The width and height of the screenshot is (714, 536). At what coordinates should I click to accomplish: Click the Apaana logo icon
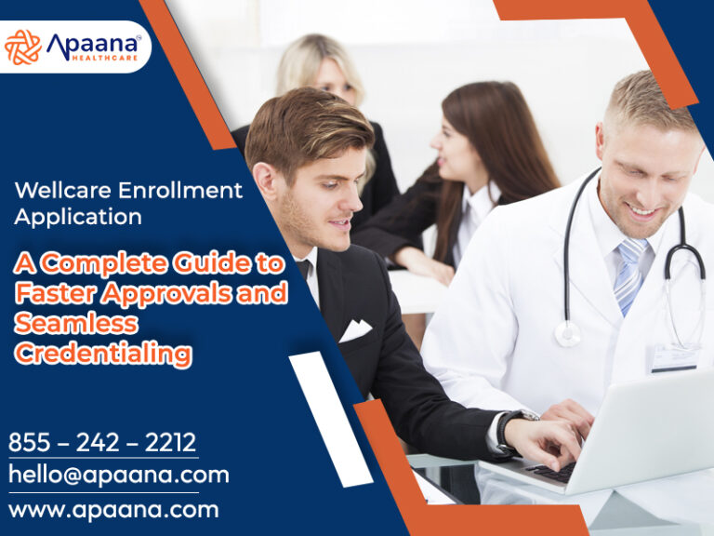[22, 47]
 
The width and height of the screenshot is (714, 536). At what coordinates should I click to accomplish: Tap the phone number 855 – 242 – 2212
[102, 442]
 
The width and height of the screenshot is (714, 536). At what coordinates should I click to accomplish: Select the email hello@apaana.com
[118, 475]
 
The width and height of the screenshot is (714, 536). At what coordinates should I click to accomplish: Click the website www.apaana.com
[113, 510]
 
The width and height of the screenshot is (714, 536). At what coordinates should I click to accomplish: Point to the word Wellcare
[59, 191]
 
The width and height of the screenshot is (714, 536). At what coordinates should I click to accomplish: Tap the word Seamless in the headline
[75, 323]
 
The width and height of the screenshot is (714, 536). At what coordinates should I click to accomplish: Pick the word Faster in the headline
[57, 293]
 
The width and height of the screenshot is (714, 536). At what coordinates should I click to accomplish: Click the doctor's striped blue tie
[628, 275]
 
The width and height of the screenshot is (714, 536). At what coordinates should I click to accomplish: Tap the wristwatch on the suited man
[508, 429]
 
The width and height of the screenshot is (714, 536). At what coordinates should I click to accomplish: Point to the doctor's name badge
[674, 358]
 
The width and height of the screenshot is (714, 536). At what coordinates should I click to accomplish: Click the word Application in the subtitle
[78, 218]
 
